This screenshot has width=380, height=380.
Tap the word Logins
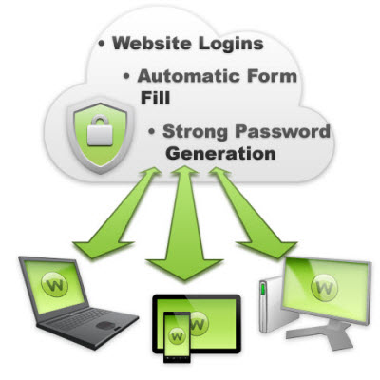point(231,45)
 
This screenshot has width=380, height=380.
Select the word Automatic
point(189,76)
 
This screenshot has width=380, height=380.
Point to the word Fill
point(155,98)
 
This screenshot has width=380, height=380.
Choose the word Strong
point(195,132)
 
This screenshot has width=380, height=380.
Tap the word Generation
point(220,154)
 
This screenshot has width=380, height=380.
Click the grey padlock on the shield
point(100,130)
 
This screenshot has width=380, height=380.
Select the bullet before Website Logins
point(102,44)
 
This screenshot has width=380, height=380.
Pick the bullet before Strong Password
point(152,131)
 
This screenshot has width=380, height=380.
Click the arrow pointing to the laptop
point(116,213)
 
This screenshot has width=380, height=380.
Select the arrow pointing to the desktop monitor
point(253,213)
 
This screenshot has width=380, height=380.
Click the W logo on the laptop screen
point(54,284)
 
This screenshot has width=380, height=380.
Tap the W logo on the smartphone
point(177,336)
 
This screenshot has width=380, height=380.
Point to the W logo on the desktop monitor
point(324,288)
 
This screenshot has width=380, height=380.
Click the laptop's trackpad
point(106,325)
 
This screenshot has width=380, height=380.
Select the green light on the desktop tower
point(262,291)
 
